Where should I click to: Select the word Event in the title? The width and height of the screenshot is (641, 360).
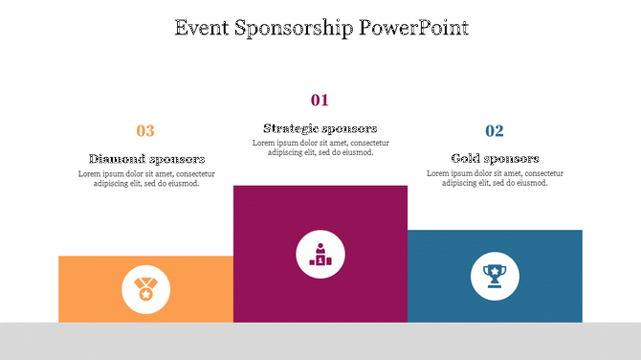(x=203, y=28)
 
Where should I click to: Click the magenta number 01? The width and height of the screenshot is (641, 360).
(x=320, y=100)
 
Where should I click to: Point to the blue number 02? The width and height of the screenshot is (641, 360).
(x=495, y=131)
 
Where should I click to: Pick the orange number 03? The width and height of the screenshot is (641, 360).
(x=145, y=131)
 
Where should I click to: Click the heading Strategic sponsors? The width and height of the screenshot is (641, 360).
(x=320, y=128)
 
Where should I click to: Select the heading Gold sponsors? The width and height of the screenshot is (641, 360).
(x=495, y=158)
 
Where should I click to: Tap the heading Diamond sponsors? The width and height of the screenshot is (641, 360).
(x=146, y=159)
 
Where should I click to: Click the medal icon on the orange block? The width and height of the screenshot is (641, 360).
(x=145, y=289)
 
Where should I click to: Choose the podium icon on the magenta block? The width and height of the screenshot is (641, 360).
(x=320, y=255)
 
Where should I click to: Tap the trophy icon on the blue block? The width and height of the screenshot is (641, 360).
(x=495, y=277)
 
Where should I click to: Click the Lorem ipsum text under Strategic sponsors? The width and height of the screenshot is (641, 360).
(x=320, y=147)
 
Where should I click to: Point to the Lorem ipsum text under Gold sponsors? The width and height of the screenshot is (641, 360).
(x=495, y=178)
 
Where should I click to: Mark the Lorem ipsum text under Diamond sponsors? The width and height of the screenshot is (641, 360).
(x=146, y=178)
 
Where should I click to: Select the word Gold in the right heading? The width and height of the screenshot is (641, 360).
(x=467, y=158)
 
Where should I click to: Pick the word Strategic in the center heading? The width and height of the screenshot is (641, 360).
(x=292, y=128)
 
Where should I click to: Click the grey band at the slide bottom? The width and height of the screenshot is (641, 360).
(x=320, y=341)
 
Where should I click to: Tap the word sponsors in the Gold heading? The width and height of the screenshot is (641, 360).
(x=513, y=158)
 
